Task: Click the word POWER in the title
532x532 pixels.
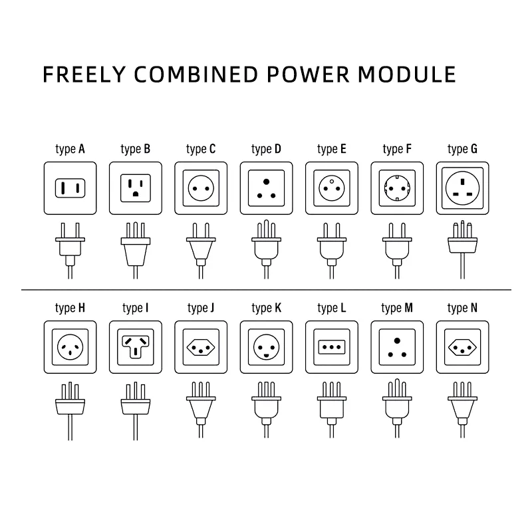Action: (308, 74)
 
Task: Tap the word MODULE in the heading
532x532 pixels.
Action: (407, 74)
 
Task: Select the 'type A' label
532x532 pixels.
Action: (70, 149)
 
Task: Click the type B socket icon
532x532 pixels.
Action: (136, 188)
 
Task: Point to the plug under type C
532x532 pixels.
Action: (201, 251)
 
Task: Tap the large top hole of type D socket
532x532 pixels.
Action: (267, 182)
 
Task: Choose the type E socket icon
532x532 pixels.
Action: (332, 188)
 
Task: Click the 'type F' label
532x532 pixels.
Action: (397, 149)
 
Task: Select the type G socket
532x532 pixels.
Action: (462, 188)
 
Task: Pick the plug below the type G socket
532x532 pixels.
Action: (462, 250)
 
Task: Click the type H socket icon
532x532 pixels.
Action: (70, 347)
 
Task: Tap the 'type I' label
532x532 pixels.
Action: (136, 308)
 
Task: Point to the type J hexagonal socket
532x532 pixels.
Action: (201, 347)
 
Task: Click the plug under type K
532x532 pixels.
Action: (267, 410)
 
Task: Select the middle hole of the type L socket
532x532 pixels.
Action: (332, 347)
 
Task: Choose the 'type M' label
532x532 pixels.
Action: (397, 308)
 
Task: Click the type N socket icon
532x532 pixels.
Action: (462, 347)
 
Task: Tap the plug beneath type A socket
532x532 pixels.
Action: (70, 251)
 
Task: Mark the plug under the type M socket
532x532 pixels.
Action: (397, 408)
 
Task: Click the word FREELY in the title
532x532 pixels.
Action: (84, 74)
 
